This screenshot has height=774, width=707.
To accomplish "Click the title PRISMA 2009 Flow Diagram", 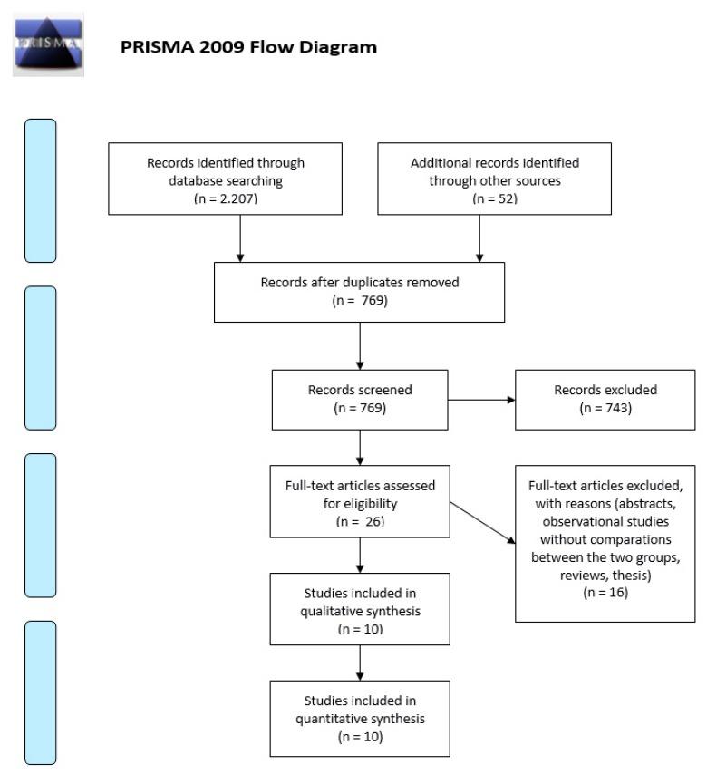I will tap(248, 47).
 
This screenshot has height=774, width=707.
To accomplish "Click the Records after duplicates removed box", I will tap(359, 291).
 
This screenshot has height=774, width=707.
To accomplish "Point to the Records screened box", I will tap(360, 399).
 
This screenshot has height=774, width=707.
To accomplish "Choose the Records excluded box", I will tap(605, 399).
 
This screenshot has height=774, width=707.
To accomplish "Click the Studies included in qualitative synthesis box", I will tap(360, 608).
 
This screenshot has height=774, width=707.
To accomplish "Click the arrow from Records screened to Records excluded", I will tap(481, 399).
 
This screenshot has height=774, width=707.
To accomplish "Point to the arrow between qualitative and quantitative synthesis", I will tap(360, 663).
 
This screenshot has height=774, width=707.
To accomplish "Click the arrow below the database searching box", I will tap(240, 237).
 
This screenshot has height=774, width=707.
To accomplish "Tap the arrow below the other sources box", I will tap(479, 237).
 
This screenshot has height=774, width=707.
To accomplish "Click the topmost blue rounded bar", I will tap(40, 190).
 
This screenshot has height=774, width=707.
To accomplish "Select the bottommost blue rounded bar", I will tap(40, 692).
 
